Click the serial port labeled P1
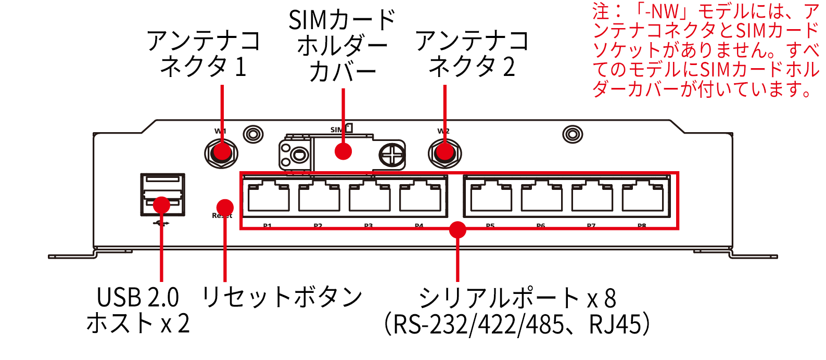(x=269, y=197)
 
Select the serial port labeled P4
(x=420, y=197)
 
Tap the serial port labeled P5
(x=491, y=197)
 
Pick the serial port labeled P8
(x=642, y=197)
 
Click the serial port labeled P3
(x=370, y=197)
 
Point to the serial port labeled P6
(x=541, y=197)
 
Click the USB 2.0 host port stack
(x=162, y=194)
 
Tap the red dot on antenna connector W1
(x=222, y=152)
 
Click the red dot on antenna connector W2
(x=444, y=152)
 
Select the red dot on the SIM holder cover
(x=343, y=151)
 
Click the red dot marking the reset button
(x=225, y=207)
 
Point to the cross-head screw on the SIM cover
(x=391, y=155)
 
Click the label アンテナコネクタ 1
(x=204, y=54)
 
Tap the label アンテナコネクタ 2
(x=472, y=54)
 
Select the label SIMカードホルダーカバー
(x=342, y=46)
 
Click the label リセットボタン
(x=282, y=297)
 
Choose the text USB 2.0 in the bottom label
(x=138, y=298)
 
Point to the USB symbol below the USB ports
(x=162, y=223)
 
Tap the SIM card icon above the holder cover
(x=349, y=127)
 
